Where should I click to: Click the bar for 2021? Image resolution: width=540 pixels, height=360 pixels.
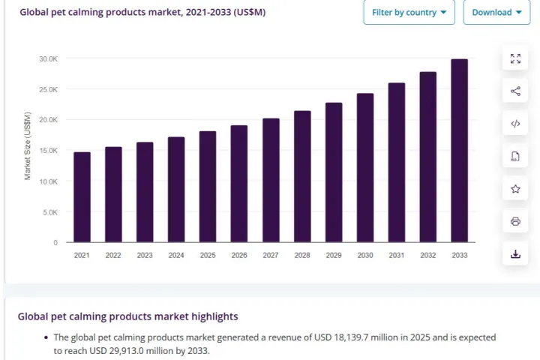82,197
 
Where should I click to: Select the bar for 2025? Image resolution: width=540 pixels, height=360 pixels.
208,186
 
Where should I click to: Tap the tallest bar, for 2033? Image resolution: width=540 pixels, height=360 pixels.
460,151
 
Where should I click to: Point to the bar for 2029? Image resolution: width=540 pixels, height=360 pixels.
334,172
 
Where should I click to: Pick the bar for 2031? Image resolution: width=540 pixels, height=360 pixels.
397,162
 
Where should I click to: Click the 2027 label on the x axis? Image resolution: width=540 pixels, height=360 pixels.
271,255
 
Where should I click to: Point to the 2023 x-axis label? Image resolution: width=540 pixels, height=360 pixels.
145,255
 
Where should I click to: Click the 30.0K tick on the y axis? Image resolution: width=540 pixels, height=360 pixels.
49,59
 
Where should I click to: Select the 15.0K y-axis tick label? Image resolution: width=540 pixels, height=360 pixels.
49,151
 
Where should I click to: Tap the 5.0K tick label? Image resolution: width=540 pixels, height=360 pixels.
50,212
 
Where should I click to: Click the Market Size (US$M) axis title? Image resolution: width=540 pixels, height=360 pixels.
28,146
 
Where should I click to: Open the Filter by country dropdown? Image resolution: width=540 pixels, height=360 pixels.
409,13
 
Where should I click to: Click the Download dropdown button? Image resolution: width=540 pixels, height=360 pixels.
496,13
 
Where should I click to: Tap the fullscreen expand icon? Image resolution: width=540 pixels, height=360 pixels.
515,58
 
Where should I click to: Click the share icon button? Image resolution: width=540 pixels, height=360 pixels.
515,91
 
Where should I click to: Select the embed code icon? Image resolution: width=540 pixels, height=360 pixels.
515,124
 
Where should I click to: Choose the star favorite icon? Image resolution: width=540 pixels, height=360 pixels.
515,189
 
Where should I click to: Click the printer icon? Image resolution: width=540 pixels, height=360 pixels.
515,221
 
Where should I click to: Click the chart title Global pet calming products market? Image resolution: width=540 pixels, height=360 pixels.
100,12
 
